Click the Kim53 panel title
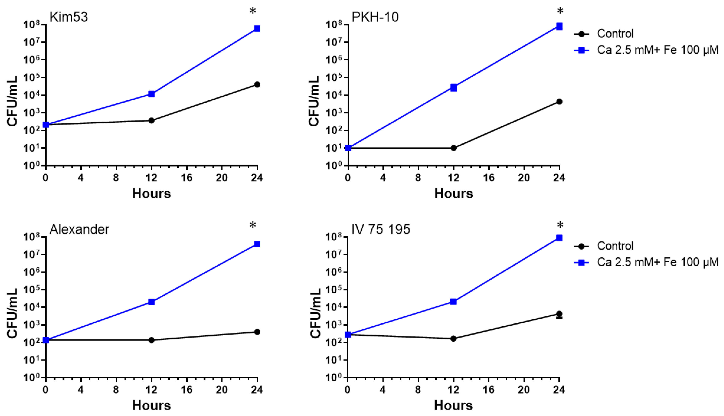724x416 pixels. [x=69, y=17]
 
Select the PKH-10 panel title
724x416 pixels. [x=375, y=17]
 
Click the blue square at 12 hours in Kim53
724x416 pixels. [x=152, y=94]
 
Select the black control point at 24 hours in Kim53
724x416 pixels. [x=257, y=85]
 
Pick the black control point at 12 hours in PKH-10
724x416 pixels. [x=453, y=148]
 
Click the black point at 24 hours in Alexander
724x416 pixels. [x=257, y=332]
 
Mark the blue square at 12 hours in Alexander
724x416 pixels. [x=152, y=302]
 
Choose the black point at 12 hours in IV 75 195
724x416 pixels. [x=453, y=339]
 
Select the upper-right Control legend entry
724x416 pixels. [x=615, y=34]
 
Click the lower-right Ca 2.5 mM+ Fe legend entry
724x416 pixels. [x=657, y=262]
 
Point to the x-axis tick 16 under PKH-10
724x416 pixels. [x=488, y=178]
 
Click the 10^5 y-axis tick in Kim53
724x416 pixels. [x=34, y=77]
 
